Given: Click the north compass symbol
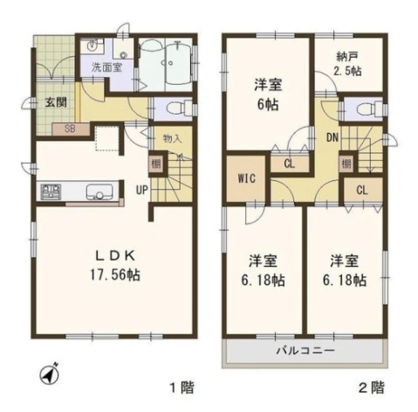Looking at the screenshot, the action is pyautogui.click(x=49, y=374).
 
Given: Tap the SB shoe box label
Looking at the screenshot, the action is pyautogui.click(x=70, y=129).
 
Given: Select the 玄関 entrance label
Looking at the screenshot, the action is pyautogui.click(x=56, y=102).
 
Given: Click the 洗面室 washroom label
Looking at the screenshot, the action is pyautogui.click(x=107, y=68).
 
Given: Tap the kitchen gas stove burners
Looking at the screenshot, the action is pyautogui.click(x=51, y=192).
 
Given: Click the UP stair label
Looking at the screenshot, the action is pyautogui.click(x=142, y=190).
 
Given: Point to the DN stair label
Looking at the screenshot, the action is pyautogui.click(x=332, y=137).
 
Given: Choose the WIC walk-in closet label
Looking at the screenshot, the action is pyautogui.click(x=247, y=179).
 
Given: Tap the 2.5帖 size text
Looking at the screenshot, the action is pyautogui.click(x=347, y=71).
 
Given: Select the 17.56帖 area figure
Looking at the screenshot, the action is pyautogui.click(x=115, y=275).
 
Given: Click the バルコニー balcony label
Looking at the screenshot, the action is pyautogui.click(x=305, y=350).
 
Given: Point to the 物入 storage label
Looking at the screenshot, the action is pyautogui.click(x=172, y=138).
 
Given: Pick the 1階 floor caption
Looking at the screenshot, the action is pyautogui.click(x=182, y=388).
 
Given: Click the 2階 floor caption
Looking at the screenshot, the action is pyautogui.click(x=372, y=388).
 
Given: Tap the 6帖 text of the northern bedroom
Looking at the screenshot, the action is pyautogui.click(x=268, y=104).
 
